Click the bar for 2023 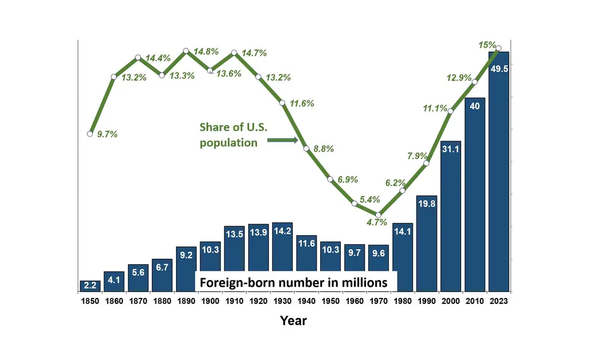click(499, 172)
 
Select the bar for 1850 click(90, 286)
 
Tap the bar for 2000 click(450, 216)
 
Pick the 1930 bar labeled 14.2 click(282, 246)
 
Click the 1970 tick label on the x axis click(378, 301)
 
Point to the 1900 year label click(210, 301)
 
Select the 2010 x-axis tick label click(474, 301)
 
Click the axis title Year click(294, 321)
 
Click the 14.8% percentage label click(207, 52)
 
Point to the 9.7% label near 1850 click(107, 134)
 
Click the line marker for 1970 click(378, 215)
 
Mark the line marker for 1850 click(90, 134)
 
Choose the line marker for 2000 click(450, 111)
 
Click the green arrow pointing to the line click(283, 141)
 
